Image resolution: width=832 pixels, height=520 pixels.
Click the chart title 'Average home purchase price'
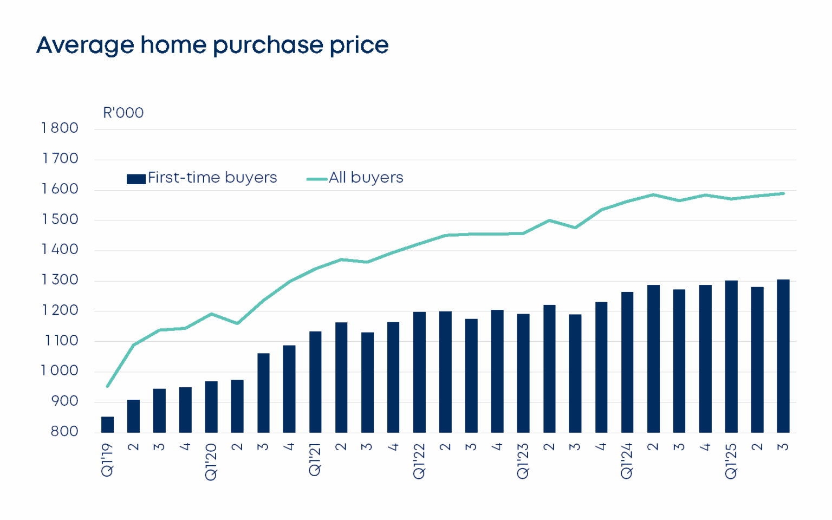[x=212, y=45]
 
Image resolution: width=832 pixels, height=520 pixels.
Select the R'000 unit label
[x=123, y=113]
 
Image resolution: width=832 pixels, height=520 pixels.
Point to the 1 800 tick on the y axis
[x=60, y=128]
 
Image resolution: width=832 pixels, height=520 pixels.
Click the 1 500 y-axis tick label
[x=60, y=219]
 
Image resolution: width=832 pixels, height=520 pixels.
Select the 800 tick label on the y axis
[x=64, y=432]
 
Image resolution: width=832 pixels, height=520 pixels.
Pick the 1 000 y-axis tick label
[x=60, y=371]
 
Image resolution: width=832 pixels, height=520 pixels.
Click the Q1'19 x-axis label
[x=107, y=460]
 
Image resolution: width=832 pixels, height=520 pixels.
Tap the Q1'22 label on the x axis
[x=419, y=461]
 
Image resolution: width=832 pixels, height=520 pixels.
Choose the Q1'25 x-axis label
[x=731, y=461]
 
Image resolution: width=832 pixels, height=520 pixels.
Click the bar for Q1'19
[x=107, y=425]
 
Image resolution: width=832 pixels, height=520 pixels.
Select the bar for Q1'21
[x=315, y=382]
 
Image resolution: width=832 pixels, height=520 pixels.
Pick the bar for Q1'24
[x=627, y=362]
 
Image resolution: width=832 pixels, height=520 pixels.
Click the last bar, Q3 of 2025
[x=783, y=356]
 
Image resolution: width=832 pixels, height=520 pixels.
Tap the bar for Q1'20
[x=211, y=407]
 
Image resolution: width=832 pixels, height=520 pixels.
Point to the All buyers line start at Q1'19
[x=108, y=386]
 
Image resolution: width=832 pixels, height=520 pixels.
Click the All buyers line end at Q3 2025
[x=783, y=193]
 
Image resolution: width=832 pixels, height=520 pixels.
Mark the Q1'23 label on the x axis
[x=523, y=461]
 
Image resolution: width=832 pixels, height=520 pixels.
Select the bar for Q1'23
[x=523, y=373]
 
